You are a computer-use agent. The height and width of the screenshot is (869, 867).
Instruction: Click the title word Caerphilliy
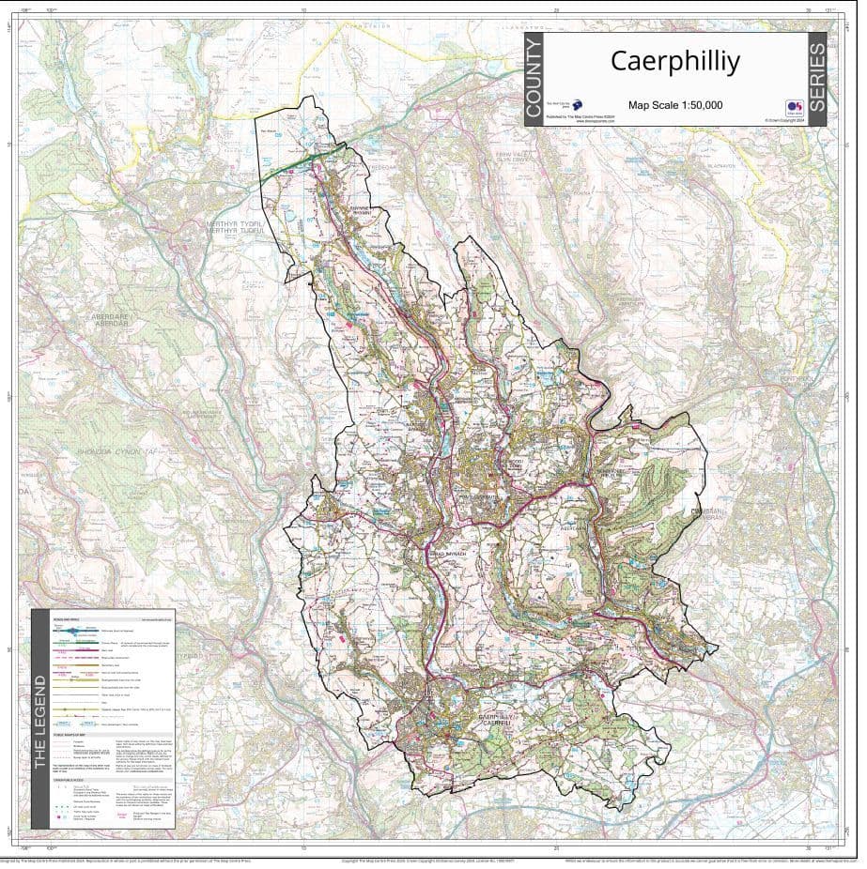[x=674, y=61]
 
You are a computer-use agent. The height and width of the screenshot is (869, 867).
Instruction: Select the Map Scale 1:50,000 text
[x=674, y=105]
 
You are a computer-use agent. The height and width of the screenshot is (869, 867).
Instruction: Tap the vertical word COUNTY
[x=534, y=80]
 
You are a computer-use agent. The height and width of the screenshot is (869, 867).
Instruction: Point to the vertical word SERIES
[x=816, y=80]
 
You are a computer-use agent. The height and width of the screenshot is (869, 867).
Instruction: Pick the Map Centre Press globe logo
[x=578, y=107]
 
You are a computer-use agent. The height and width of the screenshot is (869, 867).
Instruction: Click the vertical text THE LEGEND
[x=39, y=720]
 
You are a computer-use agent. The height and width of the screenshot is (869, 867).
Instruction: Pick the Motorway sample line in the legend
[x=85, y=631]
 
